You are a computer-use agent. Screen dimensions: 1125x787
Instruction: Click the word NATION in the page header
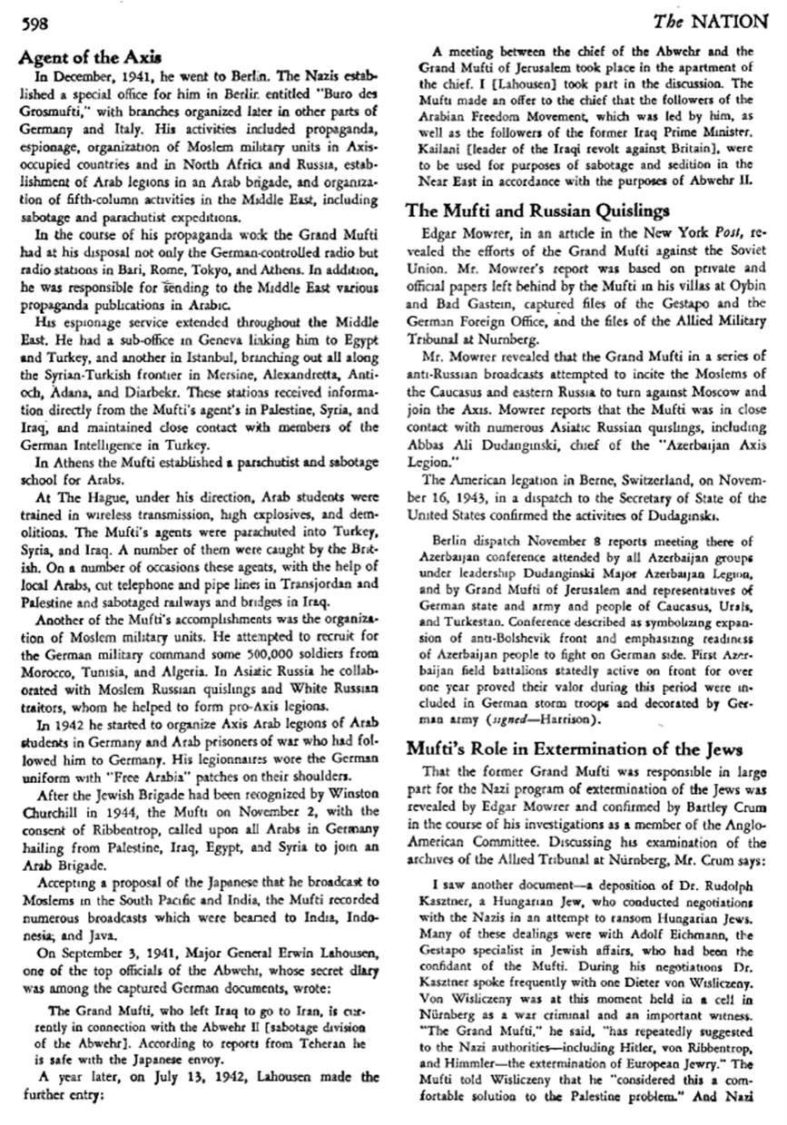coord(733,23)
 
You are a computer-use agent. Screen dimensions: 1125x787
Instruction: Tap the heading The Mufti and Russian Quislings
coord(537,210)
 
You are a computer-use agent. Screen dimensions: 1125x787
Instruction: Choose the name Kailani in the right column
coord(453,149)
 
